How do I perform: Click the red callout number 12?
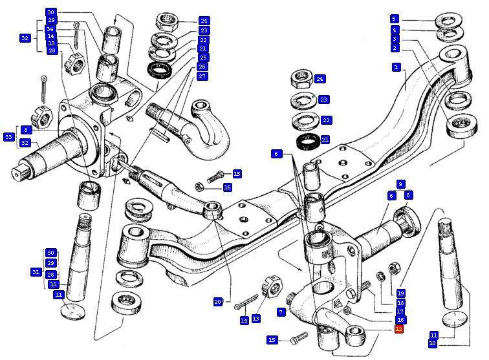pos(399,329)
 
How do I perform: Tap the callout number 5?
pos(395,19)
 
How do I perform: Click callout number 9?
pos(401,184)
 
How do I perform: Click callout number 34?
pos(50,29)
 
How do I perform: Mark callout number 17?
pos(400,312)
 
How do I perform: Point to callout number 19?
pos(400,293)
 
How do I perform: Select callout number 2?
pos(395,48)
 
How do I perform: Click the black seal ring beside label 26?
pos(158,69)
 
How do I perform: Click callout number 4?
pos(395,30)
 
